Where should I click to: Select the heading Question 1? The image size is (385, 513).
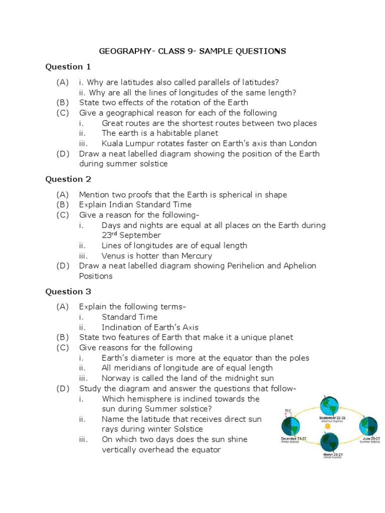(x=68, y=67)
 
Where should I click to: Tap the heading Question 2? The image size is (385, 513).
(x=68, y=179)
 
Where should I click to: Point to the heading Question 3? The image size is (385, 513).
(x=68, y=291)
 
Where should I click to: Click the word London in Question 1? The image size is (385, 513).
(x=305, y=143)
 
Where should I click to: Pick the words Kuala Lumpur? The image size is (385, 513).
(x=126, y=143)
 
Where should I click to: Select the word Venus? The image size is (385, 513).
(x=113, y=255)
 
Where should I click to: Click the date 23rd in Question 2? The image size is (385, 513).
(x=110, y=235)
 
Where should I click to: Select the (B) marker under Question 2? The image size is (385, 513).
(x=63, y=204)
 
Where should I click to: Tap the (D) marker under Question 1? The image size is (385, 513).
(x=63, y=153)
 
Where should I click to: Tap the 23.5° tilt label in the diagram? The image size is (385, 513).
(x=287, y=409)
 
